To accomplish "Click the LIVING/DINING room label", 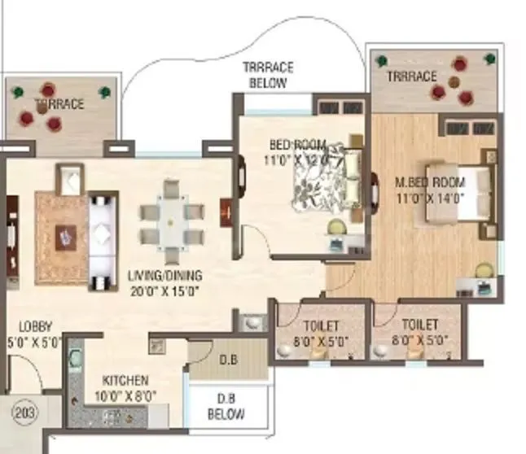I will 165,276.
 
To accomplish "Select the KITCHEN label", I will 125,380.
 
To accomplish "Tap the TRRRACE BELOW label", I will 268,75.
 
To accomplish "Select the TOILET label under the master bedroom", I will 419,325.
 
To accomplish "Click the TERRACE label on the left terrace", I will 59,104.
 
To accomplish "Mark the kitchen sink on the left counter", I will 74,359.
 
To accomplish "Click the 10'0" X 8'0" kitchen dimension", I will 125,396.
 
